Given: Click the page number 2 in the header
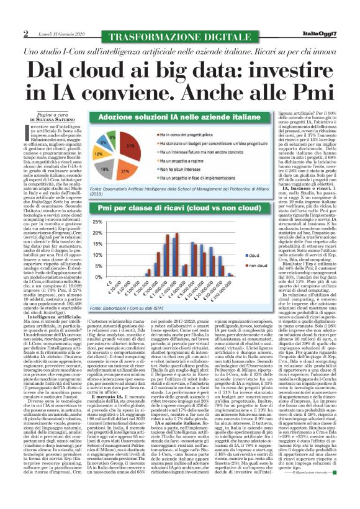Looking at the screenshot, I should click(25, 33).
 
